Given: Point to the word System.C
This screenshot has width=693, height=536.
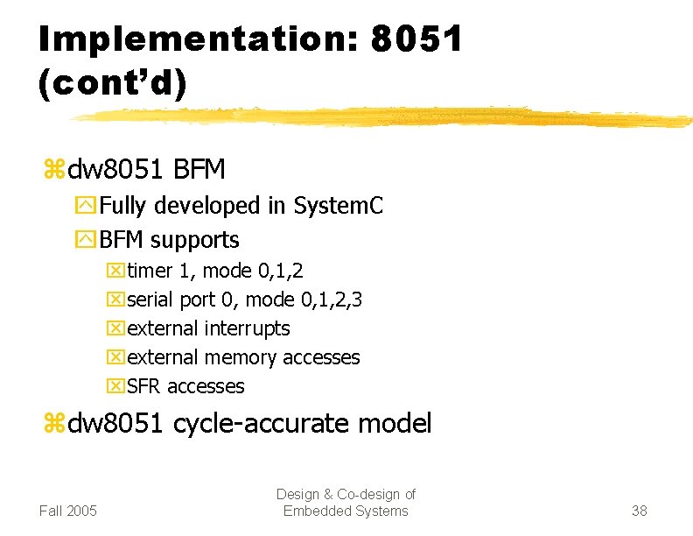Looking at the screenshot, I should pos(339,206).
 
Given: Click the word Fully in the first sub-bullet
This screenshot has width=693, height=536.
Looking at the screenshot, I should pos(125,206).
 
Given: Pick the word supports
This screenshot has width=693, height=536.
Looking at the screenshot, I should pos(195,239).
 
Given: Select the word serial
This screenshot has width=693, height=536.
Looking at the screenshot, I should pos(150,300).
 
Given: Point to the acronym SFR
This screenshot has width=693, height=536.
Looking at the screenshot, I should pos(143,386).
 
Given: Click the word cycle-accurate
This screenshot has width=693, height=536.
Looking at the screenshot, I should pos(265,424).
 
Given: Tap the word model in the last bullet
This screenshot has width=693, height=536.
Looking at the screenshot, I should pos(399,424).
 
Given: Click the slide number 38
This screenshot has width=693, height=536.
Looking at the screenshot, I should pos(639,511).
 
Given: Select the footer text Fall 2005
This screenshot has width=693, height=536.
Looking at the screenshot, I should pos(68,511).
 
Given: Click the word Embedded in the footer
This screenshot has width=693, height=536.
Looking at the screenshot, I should pos(314,511).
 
